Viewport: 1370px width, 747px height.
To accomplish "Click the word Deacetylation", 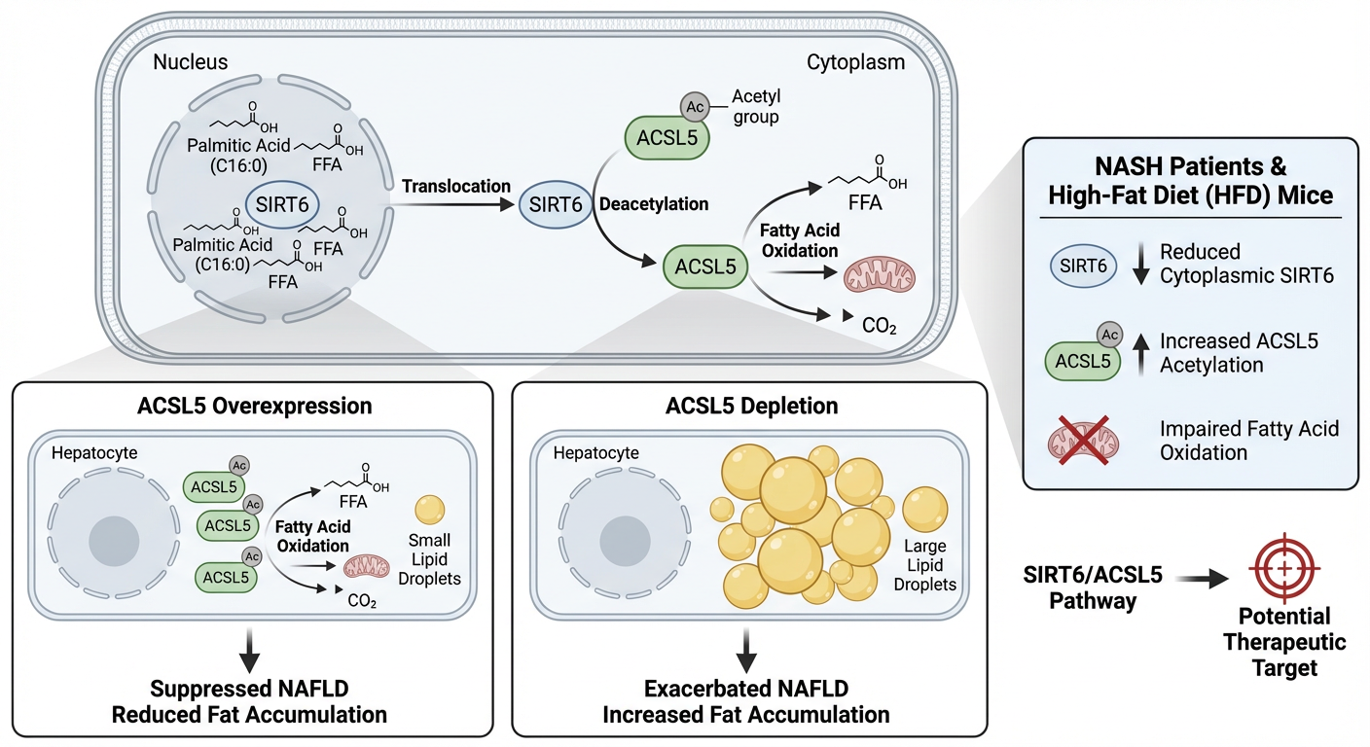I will click(x=654, y=205).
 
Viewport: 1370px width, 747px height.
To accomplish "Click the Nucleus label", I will click(x=191, y=63).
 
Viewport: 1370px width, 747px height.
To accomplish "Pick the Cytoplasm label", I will click(x=856, y=63).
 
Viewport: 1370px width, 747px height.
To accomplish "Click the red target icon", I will click(x=1284, y=566).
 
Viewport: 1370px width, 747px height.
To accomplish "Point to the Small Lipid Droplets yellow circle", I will click(x=429, y=510).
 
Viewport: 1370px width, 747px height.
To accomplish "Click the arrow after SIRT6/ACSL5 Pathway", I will click(x=1203, y=579).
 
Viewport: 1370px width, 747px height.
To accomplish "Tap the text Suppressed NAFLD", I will click(x=249, y=690).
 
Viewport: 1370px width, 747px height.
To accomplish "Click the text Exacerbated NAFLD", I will click(x=747, y=690).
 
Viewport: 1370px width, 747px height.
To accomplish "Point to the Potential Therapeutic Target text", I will click(x=1284, y=642).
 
